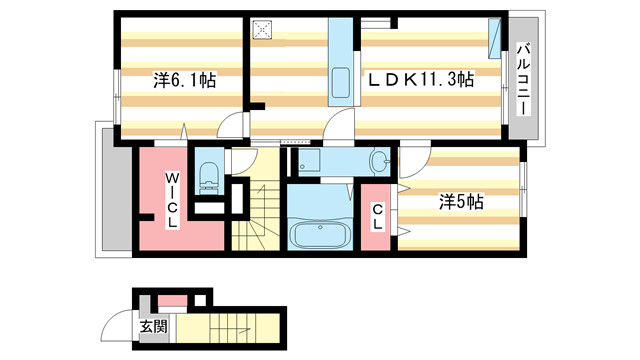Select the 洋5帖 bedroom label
tap(460, 201)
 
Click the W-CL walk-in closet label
tap(172, 200)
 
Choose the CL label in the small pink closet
tap(377, 217)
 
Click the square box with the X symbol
tap(264, 30)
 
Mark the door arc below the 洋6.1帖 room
tap(231, 126)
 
